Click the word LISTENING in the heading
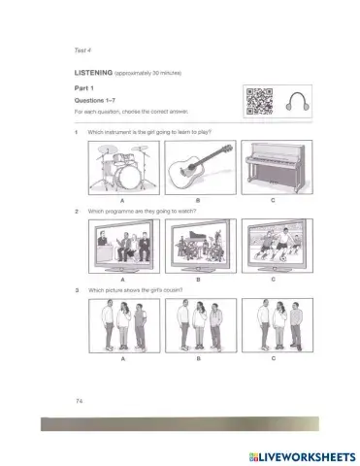click(93, 73)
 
